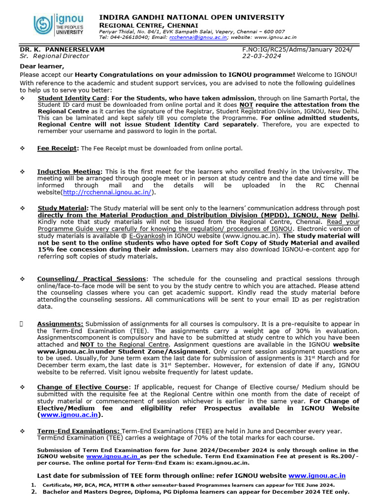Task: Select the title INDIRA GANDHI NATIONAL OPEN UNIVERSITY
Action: click(x=191, y=17)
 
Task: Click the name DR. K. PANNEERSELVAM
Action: click(x=62, y=49)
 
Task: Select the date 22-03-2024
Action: click(x=261, y=56)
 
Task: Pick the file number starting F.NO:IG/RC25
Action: click(x=297, y=49)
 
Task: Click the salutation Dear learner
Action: click(x=42, y=66)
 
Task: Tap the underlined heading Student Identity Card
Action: click(x=71, y=98)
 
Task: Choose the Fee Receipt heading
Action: click(x=58, y=148)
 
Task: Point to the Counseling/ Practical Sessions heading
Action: click(x=92, y=279)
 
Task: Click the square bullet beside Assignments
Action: click(x=22, y=324)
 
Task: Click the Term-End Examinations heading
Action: click(x=78, y=431)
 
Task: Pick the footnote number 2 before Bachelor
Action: click(x=33, y=492)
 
